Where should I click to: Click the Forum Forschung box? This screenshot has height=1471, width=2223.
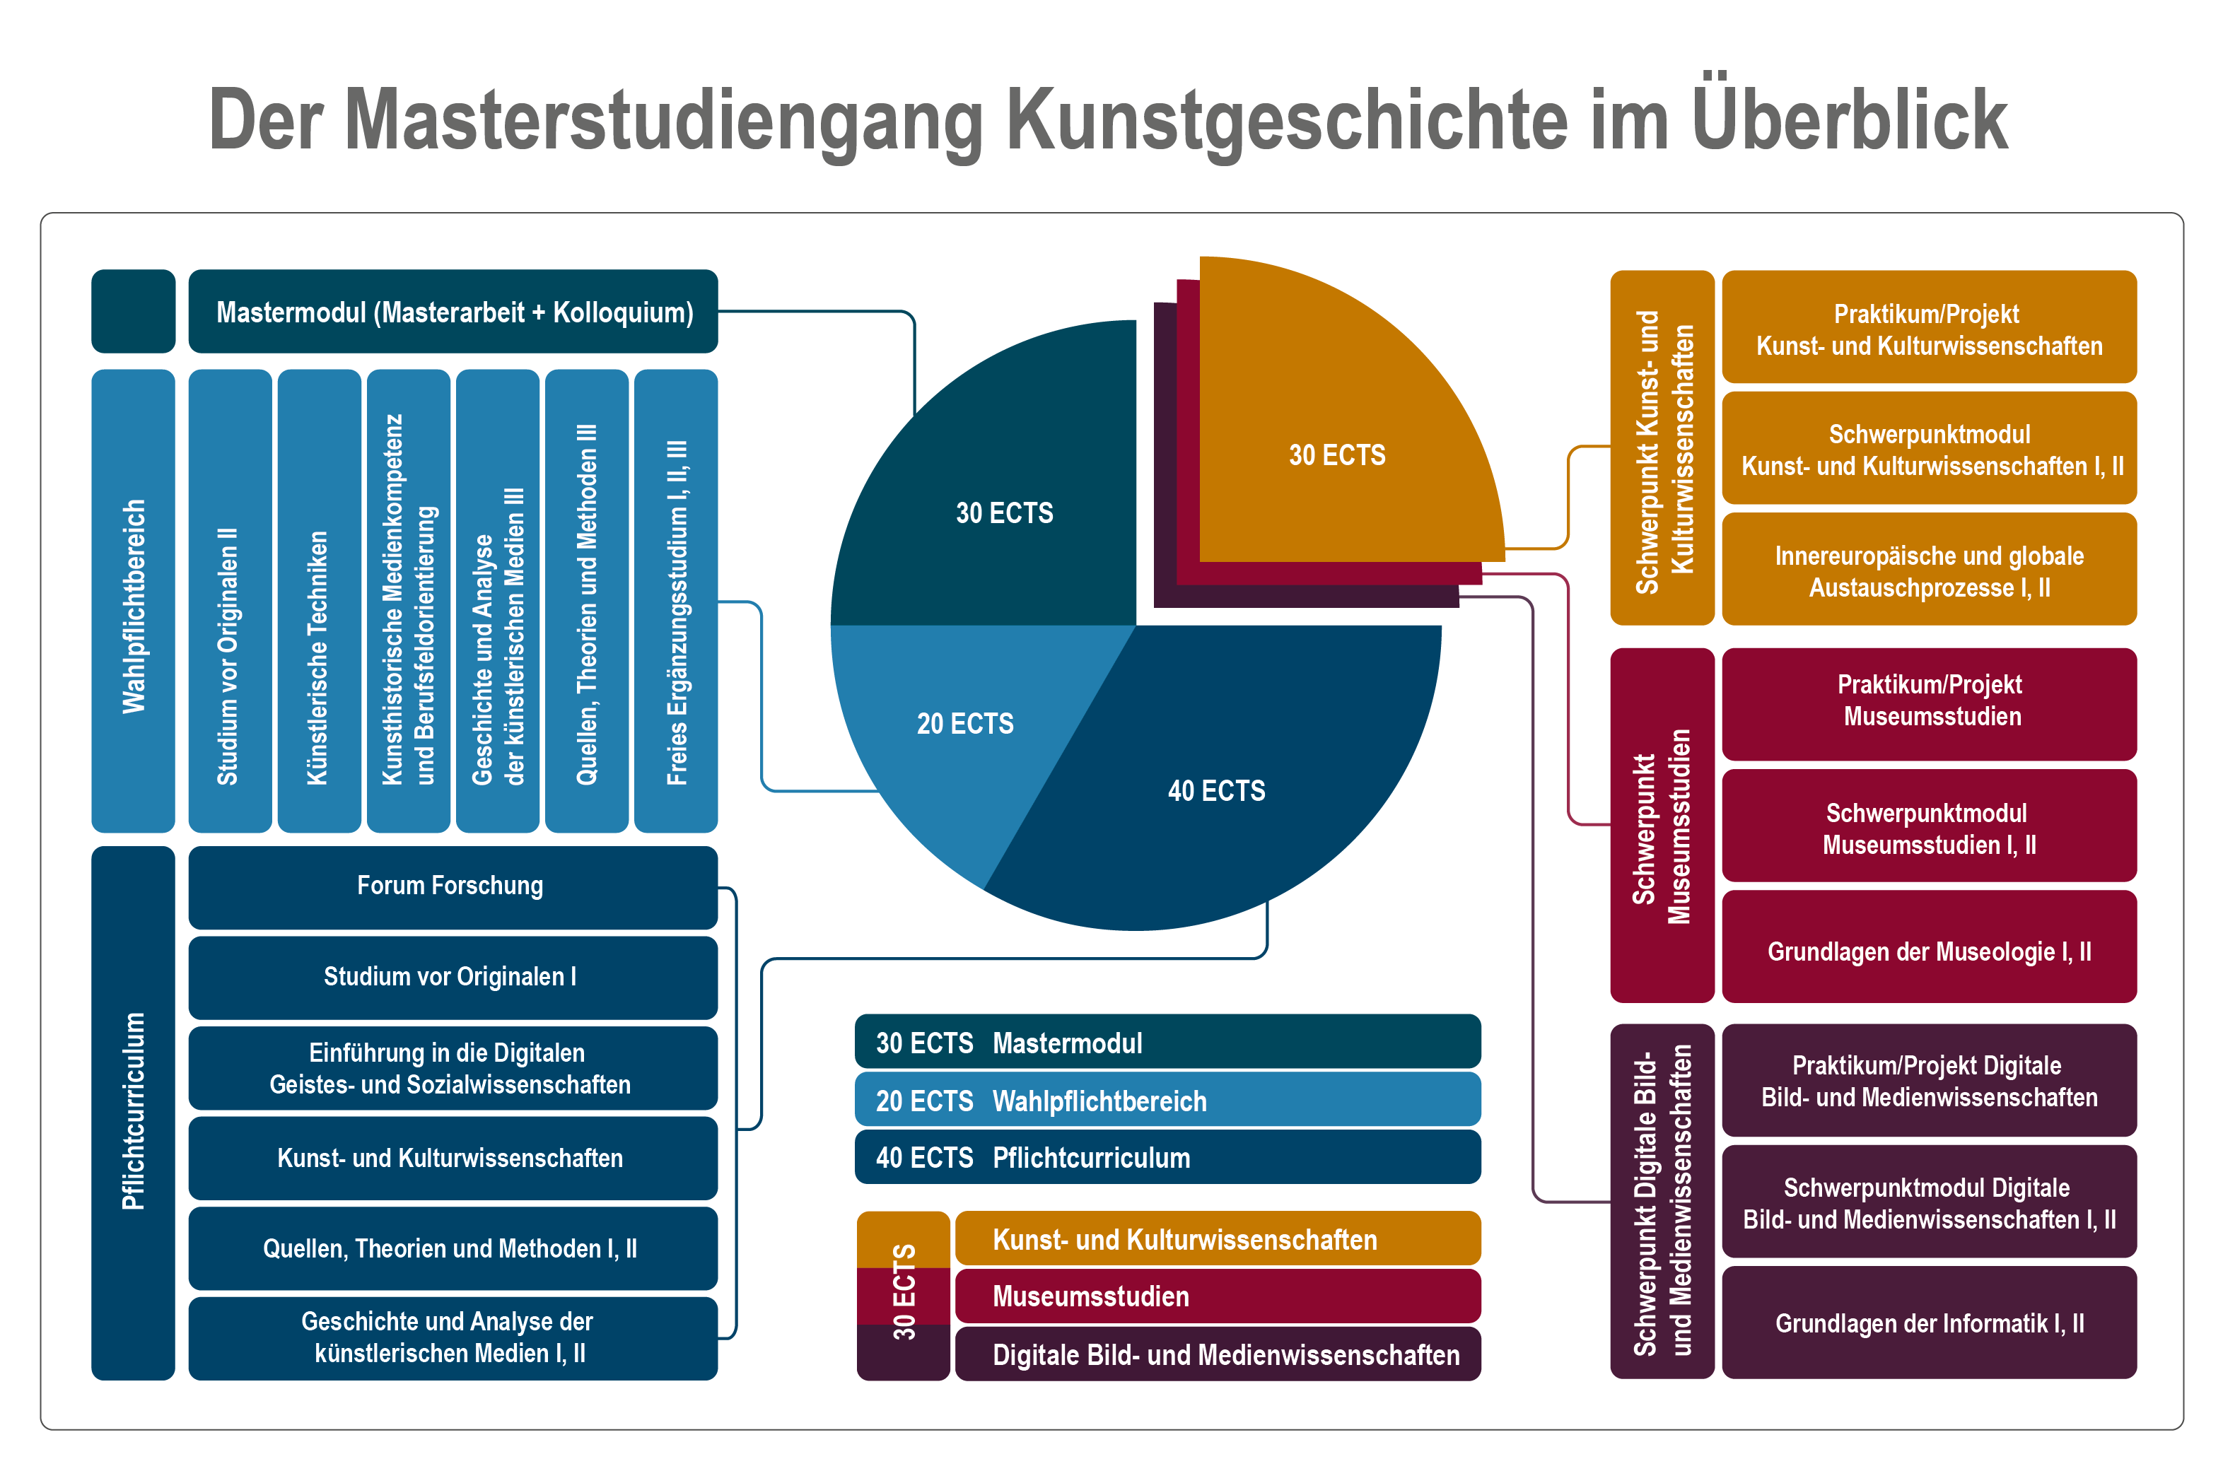point(453,886)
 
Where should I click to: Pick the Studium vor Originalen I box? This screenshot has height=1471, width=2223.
point(453,977)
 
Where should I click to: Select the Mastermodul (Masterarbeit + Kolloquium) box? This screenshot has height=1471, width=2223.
point(453,312)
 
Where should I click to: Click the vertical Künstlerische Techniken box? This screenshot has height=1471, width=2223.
point(319,600)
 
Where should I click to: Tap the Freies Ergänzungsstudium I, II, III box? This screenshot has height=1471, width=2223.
point(676,600)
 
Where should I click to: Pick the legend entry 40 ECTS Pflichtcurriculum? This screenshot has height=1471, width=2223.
point(1167,1156)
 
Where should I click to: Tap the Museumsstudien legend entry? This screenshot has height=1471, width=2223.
point(1217,1296)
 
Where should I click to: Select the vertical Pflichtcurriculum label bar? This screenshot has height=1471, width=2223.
point(133,1113)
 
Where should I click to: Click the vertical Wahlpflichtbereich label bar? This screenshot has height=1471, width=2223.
point(133,600)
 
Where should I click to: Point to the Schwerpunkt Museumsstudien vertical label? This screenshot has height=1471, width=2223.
point(1662,826)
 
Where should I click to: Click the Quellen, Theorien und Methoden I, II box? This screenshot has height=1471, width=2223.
point(453,1248)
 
